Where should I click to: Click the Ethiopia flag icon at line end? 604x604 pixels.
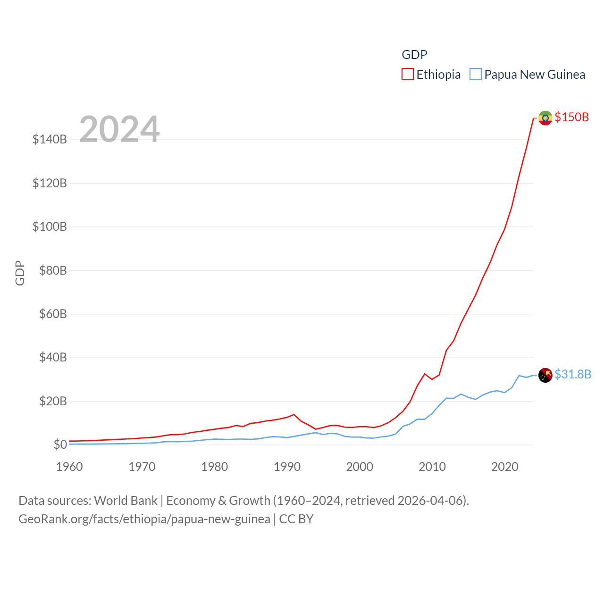click(545, 117)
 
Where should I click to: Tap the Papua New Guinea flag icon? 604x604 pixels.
click(545, 375)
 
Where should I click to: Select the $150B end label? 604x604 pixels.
click(571, 117)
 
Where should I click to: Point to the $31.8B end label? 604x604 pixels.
click(572, 374)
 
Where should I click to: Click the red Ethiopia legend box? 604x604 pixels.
click(408, 75)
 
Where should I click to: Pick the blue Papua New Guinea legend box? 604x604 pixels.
click(476, 75)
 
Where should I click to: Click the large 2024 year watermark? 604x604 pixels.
click(119, 129)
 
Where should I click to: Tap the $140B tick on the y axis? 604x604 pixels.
click(50, 139)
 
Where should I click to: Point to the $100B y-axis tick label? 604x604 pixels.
click(50, 226)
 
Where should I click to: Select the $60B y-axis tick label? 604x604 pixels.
click(53, 314)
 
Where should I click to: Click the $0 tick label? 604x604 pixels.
click(60, 445)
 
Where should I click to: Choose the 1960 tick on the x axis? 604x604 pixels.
click(69, 467)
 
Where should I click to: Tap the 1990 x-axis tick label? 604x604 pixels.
click(287, 467)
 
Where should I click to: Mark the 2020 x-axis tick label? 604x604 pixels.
click(504, 467)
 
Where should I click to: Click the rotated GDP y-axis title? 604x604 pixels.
click(20, 273)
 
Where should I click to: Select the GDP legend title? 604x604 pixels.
click(414, 55)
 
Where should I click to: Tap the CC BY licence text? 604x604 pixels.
click(296, 519)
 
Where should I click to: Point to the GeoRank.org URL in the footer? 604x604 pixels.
click(144, 519)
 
